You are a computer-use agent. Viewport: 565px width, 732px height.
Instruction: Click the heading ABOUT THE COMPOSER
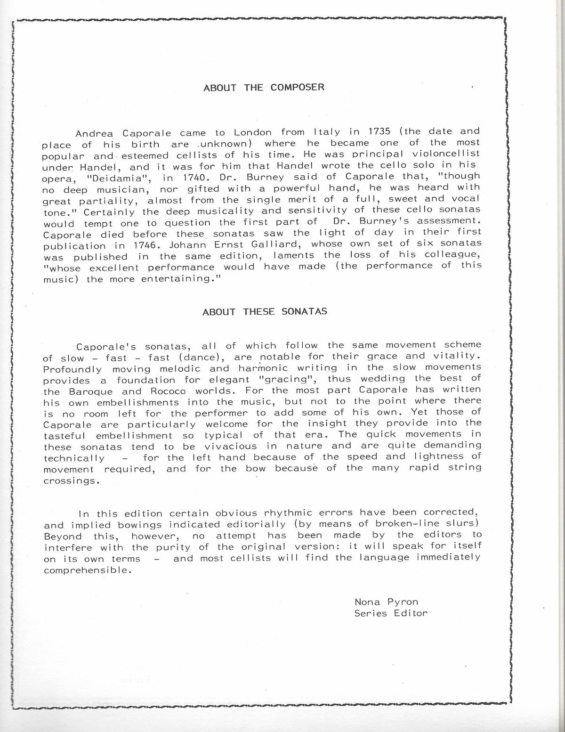(264, 88)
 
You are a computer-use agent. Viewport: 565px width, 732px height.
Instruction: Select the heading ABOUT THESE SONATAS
(265, 312)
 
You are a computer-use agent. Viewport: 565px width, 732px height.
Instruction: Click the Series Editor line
(391, 613)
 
